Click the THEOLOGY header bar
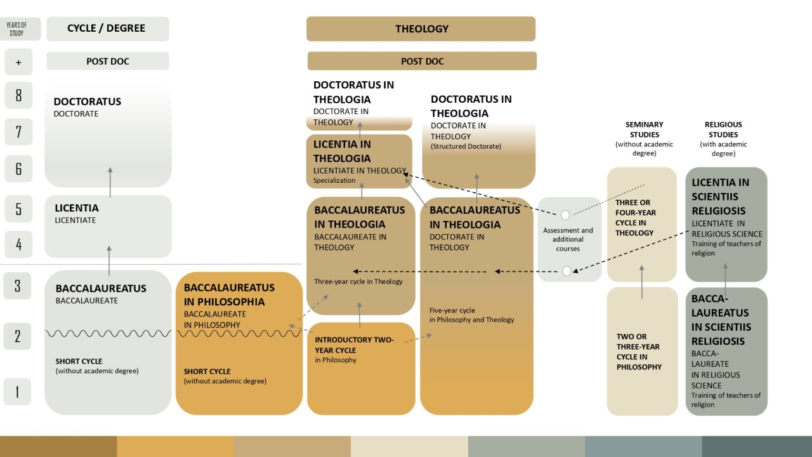(421, 29)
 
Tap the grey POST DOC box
(108, 61)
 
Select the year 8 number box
(18, 95)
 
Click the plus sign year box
(18, 62)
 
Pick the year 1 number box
(17, 392)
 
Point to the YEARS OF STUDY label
(16, 29)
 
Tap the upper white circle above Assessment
(565, 215)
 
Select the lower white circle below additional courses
(566, 271)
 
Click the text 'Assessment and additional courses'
(568, 239)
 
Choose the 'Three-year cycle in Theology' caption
(358, 281)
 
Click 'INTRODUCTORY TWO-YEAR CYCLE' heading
(354, 345)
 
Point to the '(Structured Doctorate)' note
(466, 146)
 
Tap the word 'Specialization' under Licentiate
(334, 180)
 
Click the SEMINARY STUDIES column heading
(644, 129)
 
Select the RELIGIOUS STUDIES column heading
(723, 129)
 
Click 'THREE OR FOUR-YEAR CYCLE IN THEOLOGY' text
(636, 218)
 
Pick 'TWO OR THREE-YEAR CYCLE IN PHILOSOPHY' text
(639, 352)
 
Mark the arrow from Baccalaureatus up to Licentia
(109, 261)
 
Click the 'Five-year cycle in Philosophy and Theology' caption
(471, 315)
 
